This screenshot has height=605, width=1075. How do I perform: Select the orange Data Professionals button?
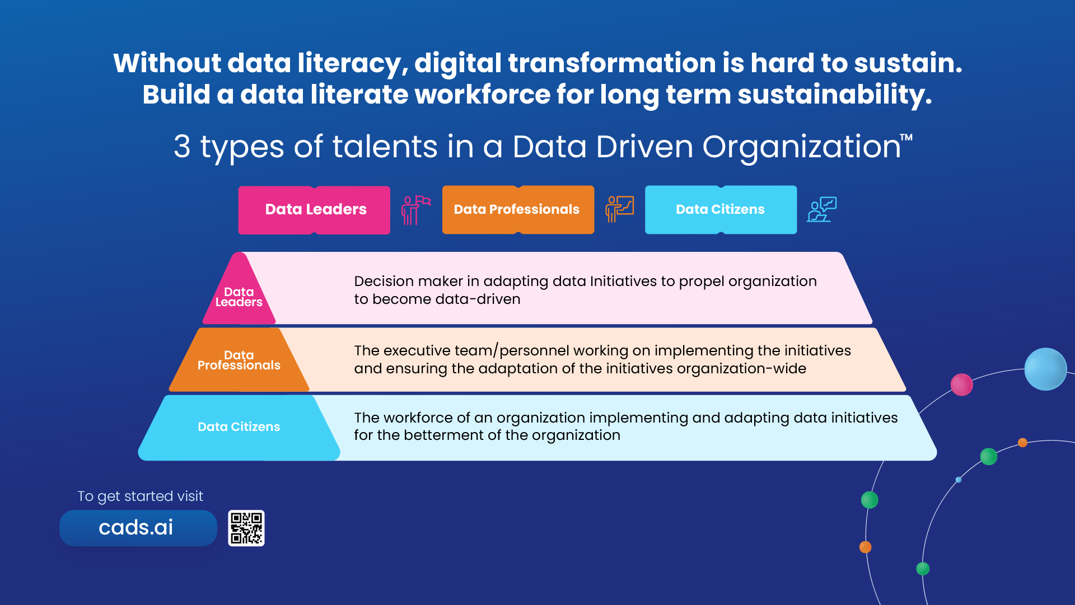[518, 210]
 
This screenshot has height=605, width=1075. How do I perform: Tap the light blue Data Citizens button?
[721, 210]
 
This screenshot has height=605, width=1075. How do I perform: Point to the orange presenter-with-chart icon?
[619, 209]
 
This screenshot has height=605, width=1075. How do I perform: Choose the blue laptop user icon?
[821, 209]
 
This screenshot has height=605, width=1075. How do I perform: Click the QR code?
[246, 528]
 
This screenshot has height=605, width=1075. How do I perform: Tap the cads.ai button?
[138, 528]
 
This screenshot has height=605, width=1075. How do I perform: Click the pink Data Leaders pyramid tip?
[239, 291]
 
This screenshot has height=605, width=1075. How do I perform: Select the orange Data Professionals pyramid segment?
[239, 360]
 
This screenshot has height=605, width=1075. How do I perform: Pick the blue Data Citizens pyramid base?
[239, 428]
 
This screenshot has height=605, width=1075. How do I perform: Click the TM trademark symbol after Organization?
[906, 137]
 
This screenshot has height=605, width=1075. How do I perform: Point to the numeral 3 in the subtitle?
[182, 147]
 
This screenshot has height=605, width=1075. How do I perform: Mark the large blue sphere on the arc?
[1045, 369]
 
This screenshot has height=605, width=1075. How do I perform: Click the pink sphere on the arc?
[961, 384]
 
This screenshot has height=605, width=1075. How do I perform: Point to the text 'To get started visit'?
[140, 496]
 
